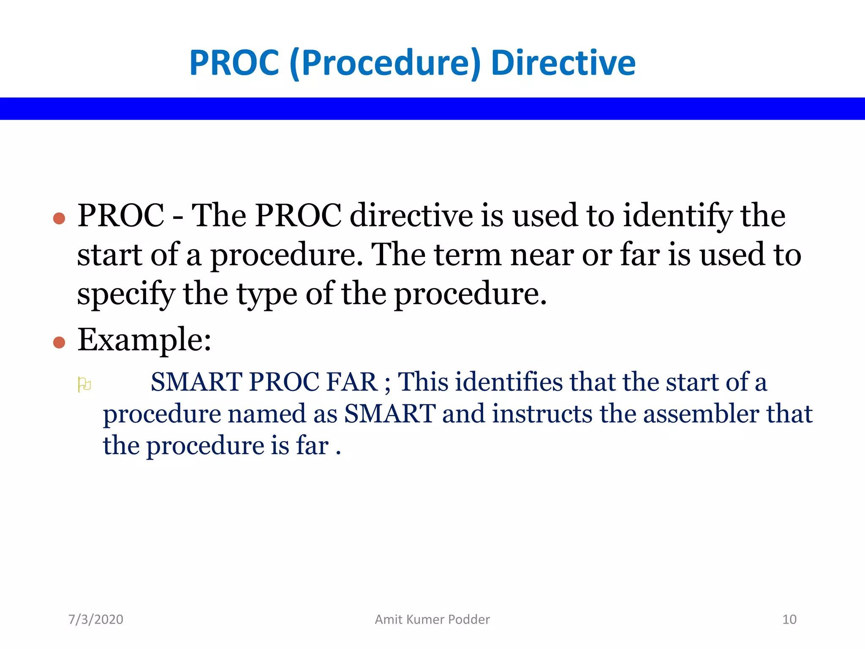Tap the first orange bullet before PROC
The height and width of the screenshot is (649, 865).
[59, 218]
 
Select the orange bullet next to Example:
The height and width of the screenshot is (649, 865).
[59, 342]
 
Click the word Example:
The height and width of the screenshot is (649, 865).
[144, 340]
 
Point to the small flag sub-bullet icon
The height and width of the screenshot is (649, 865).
[84, 384]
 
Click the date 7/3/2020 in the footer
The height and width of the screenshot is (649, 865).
[96, 619]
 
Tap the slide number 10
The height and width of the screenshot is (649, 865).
[789, 619]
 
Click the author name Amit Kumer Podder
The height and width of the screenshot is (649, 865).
[432, 619]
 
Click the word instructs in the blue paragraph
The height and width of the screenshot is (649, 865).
[542, 414]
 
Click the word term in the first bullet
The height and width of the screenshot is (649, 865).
[468, 255]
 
